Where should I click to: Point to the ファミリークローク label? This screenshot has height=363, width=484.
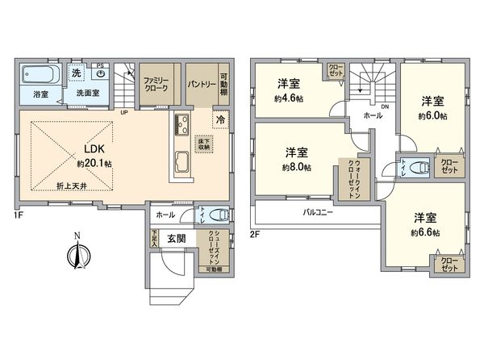pyautogui.click(x=155, y=84)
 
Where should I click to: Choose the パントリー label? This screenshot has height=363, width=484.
pyautogui.click(x=200, y=83)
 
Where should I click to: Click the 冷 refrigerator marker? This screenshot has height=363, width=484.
pyautogui.click(x=220, y=119)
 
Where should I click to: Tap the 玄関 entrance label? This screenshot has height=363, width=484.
pyautogui.click(x=178, y=239)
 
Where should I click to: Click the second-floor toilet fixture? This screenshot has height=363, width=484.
pyautogui.click(x=418, y=169)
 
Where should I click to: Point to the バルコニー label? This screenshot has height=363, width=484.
pyautogui.click(x=319, y=212)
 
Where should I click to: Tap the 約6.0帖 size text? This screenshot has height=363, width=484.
pyautogui.click(x=432, y=116)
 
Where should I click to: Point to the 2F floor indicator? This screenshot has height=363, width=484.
pyautogui.click(x=255, y=234)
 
